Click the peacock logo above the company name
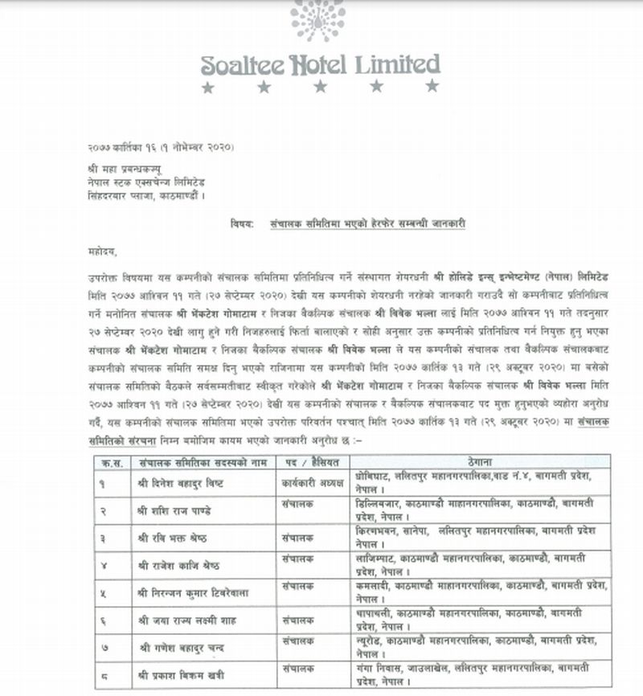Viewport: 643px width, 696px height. pyautogui.click(x=318, y=20)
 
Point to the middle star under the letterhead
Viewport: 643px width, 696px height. pyautogui.click(x=320, y=86)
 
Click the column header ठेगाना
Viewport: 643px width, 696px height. pyautogui.click(x=479, y=462)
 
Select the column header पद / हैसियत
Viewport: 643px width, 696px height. pyautogui.click(x=309, y=462)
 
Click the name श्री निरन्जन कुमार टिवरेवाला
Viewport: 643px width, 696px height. pyautogui.click(x=191, y=593)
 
